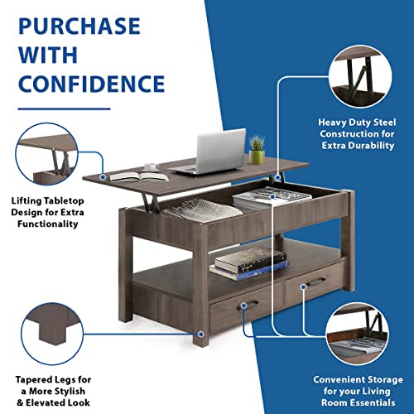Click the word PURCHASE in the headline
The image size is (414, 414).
[79, 26]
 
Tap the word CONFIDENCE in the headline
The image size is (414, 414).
[92, 84]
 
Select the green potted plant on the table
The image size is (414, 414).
[257, 150]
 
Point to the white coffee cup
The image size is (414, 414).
[152, 166]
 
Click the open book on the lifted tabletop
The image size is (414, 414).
[139, 176]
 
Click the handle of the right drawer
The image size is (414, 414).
[316, 282]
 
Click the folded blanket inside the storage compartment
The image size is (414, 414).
[201, 211]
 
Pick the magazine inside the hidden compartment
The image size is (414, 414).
[272, 196]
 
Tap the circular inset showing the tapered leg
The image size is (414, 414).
[52, 334]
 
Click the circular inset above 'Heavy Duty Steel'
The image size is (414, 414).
[360, 76]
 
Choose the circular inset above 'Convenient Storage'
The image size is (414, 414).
[357, 334]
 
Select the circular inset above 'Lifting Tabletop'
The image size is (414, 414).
[46, 154]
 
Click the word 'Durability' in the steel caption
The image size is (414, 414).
[372, 146]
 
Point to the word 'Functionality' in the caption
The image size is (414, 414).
[48, 224]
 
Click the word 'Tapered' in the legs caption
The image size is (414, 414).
[33, 380]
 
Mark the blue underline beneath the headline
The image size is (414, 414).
[65, 109]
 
